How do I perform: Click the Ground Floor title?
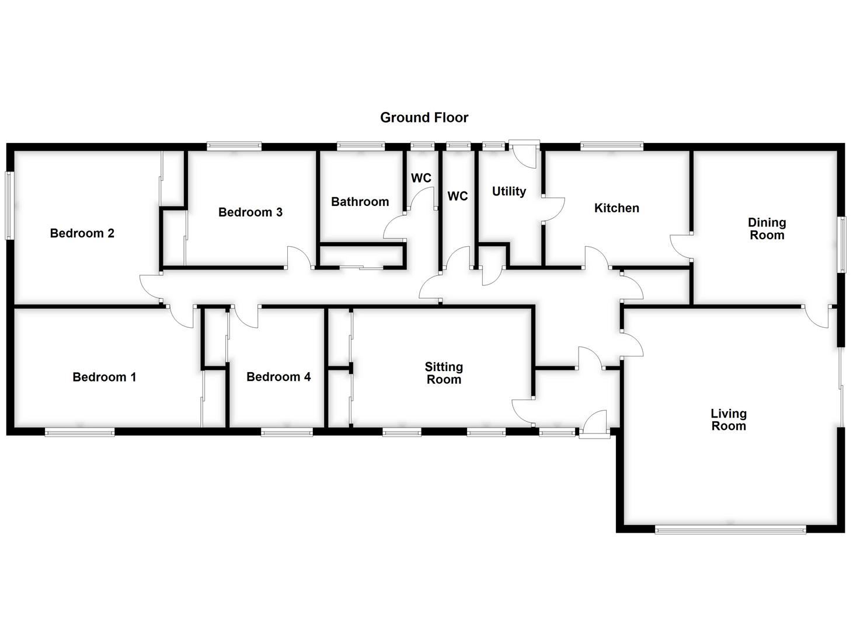tap(424, 117)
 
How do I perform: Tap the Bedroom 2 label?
tap(82, 233)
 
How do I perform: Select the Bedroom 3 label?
tap(250, 212)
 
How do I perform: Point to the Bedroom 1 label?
tap(104, 377)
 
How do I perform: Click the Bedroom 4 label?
tap(278, 377)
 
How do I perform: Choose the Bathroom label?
tap(360, 202)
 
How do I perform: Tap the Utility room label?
tap(509, 191)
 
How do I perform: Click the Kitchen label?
tap(616, 208)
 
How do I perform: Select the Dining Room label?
tap(767, 229)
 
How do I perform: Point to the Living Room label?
tap(728, 419)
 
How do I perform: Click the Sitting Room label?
tap(444, 373)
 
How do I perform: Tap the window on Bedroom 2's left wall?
tap(9, 205)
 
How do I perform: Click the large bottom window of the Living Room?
tap(730, 530)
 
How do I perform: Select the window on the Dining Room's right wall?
tap(842, 244)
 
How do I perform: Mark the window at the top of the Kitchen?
tap(611, 146)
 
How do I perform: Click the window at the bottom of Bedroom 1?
tap(79, 432)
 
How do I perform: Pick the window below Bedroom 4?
tap(287, 432)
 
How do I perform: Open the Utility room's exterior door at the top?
tap(524, 153)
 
